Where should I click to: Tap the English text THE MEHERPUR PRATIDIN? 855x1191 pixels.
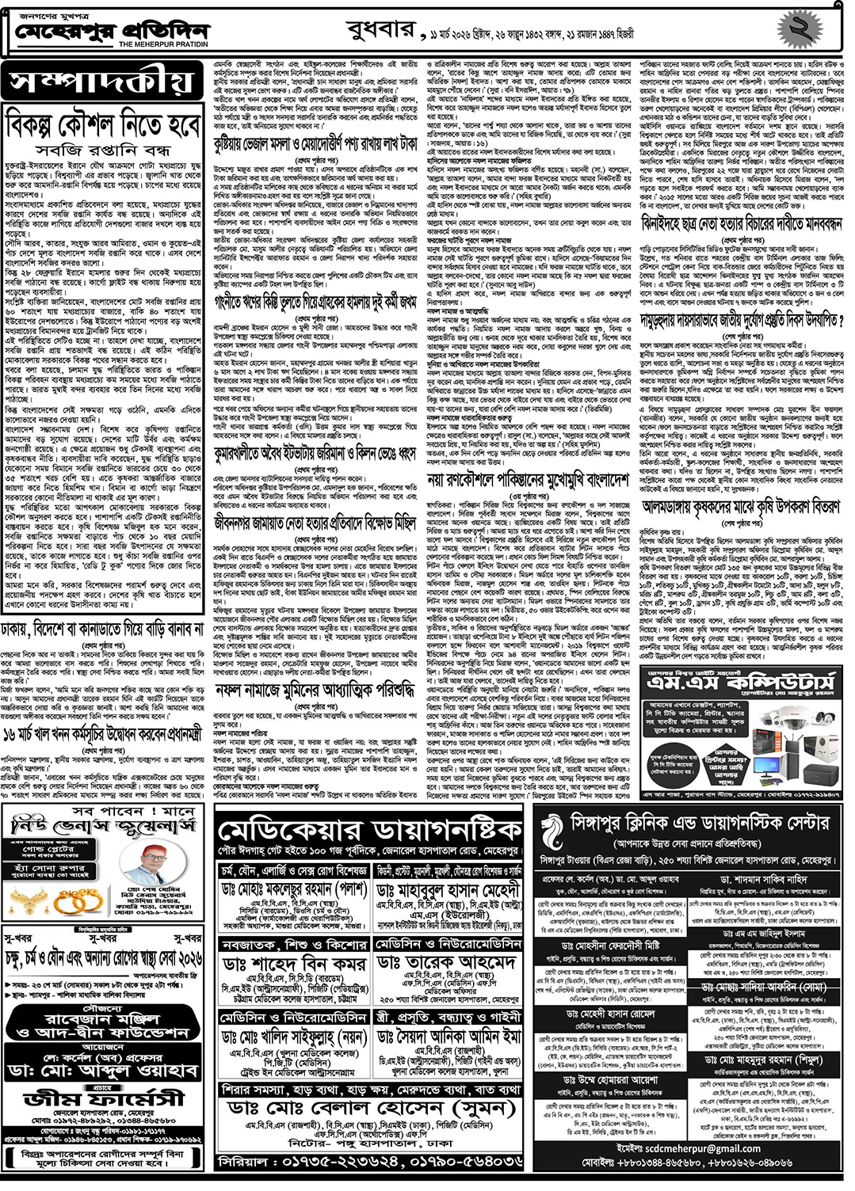[164, 45]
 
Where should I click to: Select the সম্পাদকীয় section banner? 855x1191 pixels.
[103, 82]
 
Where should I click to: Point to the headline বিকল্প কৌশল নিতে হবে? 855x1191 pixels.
[103, 124]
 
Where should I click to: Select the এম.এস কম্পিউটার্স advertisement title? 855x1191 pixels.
[741, 683]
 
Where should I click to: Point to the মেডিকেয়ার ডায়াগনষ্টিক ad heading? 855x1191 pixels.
[369, 831]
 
